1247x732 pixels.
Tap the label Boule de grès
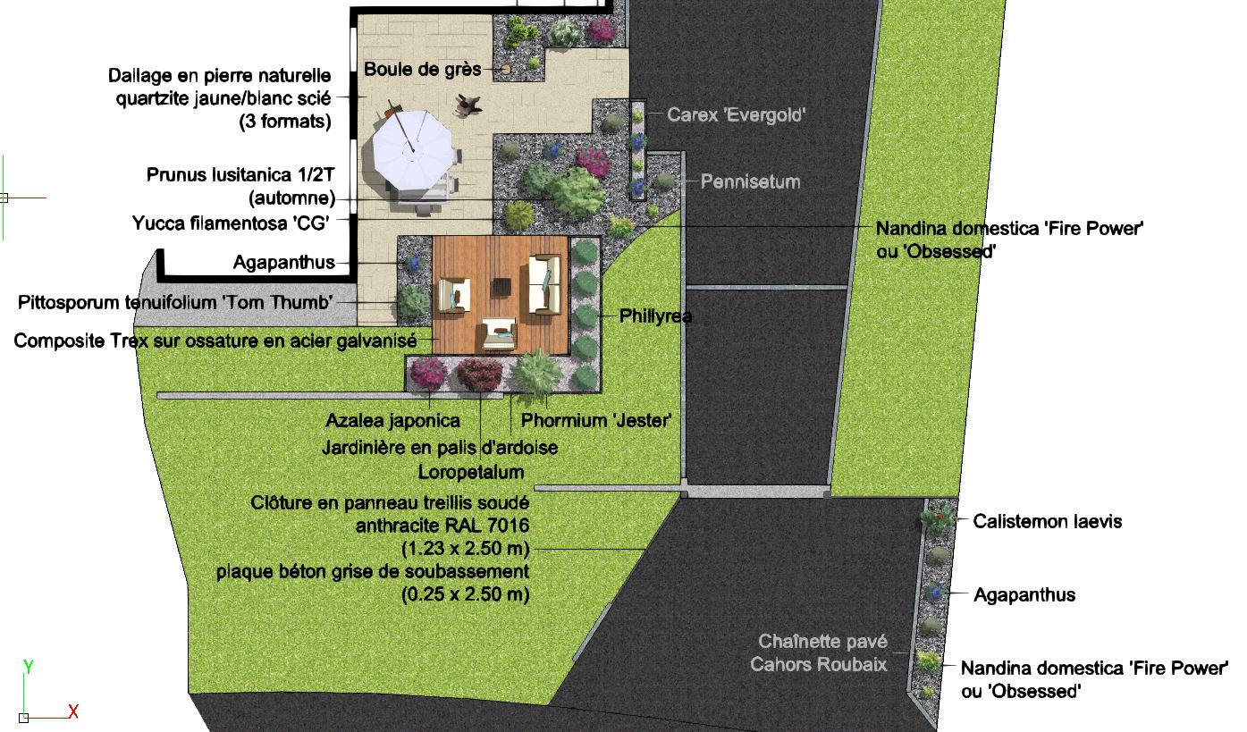[423, 70]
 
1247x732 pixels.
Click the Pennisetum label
[750, 182]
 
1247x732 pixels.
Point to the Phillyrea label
[655, 316]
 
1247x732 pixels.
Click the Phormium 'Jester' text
[595, 420]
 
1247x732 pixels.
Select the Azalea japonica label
[393, 420]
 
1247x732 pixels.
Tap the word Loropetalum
[471, 471]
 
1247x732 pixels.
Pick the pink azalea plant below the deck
[427, 372]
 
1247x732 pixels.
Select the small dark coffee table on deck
[501, 287]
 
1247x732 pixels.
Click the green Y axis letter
[28, 667]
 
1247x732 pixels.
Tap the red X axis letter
[74, 712]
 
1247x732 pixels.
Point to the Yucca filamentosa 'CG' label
[232, 223]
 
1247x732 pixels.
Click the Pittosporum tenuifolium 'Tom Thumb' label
[175, 302]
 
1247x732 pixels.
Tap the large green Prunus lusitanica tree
[576, 190]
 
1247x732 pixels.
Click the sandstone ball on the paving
[505, 70]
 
